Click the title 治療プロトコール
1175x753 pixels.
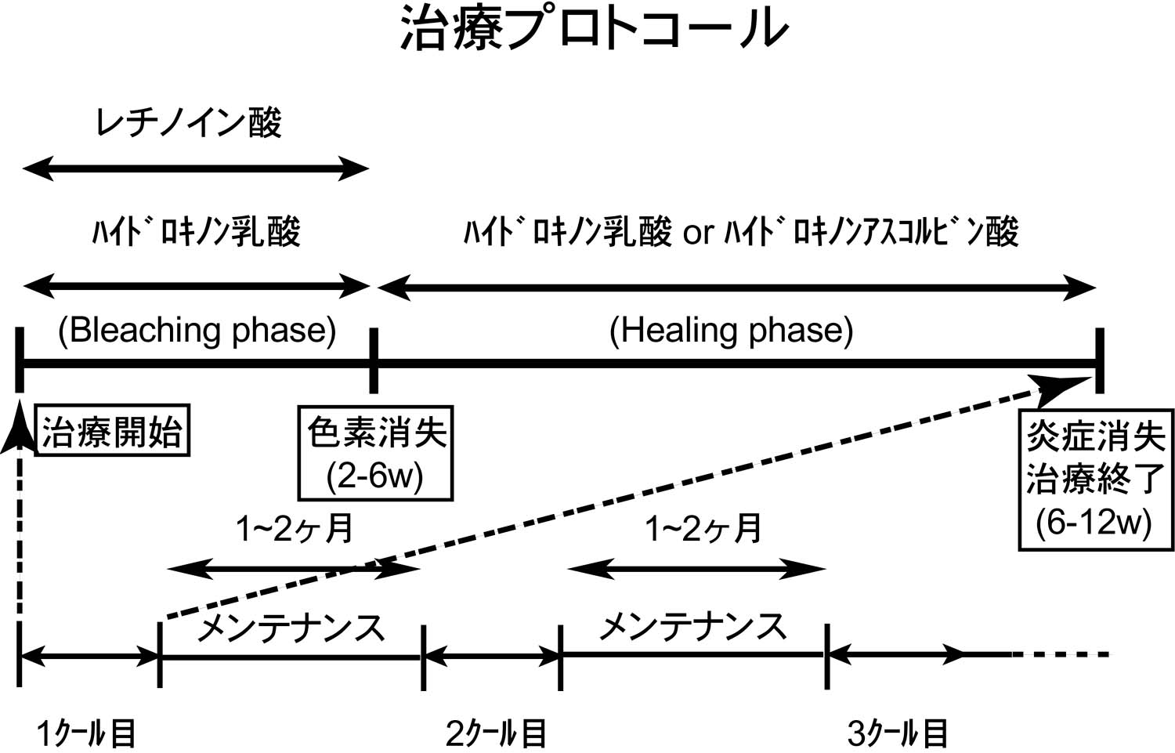click(594, 30)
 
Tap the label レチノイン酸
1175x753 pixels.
click(189, 123)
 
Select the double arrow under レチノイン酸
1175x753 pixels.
click(196, 168)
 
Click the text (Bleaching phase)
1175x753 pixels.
click(197, 331)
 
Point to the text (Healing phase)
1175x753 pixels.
click(731, 331)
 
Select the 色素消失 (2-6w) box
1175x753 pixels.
click(375, 453)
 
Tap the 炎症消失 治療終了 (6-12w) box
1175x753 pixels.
click(1096, 479)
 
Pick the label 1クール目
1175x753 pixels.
click(86, 733)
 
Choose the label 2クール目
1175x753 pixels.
click(496, 733)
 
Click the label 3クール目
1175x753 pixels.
click(898, 733)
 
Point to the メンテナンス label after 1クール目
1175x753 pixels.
click(291, 628)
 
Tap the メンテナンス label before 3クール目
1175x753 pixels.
click(692, 627)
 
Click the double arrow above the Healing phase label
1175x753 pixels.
click(737, 288)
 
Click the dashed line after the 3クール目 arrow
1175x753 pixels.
click(1061, 654)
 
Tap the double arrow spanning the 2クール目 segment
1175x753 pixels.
click(491, 656)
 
